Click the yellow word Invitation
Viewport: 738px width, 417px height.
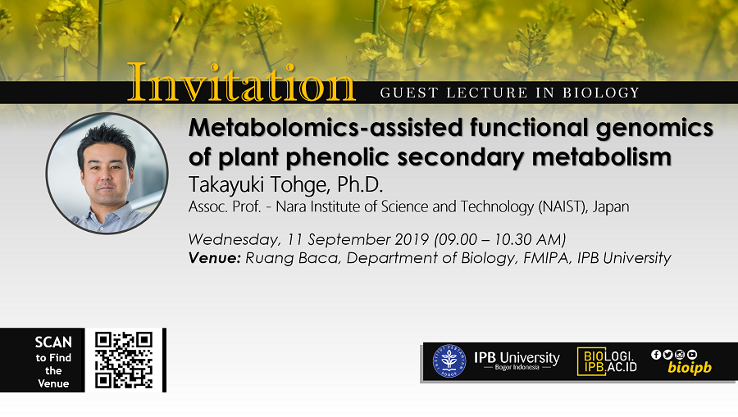click(241, 83)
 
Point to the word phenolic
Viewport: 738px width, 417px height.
click(338, 157)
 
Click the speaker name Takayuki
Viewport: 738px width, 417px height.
click(226, 185)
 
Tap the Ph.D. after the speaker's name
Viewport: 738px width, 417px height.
click(360, 185)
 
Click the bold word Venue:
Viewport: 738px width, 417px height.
click(215, 257)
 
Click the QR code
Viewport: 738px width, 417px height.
click(124, 360)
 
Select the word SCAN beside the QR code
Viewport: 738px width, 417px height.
click(53, 342)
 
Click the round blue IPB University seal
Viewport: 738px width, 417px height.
click(449, 361)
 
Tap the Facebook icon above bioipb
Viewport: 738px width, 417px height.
click(656, 355)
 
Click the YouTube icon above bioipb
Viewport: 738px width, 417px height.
click(692, 355)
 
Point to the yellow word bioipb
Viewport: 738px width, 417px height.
click(690, 368)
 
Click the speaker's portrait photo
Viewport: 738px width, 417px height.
click(107, 173)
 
